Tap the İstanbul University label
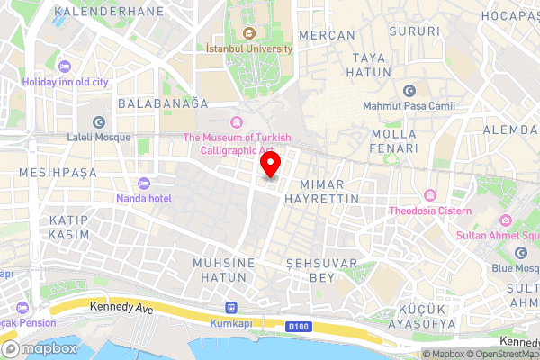(x=249, y=49)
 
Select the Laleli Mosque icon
(x=98, y=121)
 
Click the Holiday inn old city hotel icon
(x=64, y=67)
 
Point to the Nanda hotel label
(x=143, y=197)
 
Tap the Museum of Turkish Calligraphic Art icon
(x=237, y=121)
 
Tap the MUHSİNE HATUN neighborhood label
(x=224, y=270)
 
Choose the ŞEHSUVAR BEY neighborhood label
(x=310, y=270)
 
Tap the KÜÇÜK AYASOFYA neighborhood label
(x=428, y=315)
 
